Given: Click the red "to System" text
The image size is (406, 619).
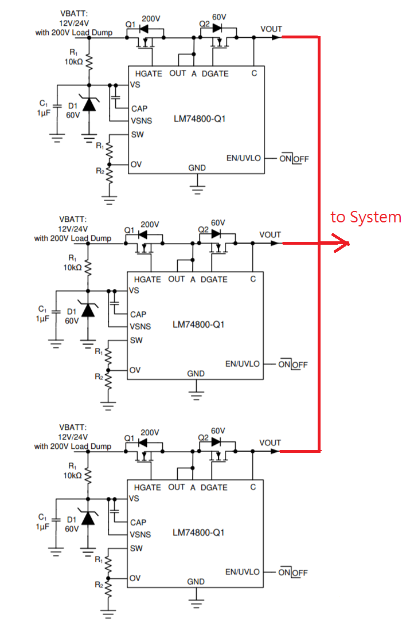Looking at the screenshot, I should (x=366, y=217).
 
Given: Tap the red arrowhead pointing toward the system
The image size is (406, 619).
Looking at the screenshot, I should (x=343, y=244).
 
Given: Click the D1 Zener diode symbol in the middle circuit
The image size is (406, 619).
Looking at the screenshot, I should (x=88, y=311).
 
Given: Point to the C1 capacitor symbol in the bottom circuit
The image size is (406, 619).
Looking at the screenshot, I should (x=56, y=519).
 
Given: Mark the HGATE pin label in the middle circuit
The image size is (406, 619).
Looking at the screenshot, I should (x=147, y=279).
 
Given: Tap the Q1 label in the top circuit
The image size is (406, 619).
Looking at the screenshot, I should (x=130, y=24).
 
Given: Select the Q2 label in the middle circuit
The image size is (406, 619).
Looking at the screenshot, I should (x=203, y=229).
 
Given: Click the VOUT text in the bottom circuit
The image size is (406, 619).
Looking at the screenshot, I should (x=270, y=442).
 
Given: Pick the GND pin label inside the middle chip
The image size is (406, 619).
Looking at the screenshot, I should (x=196, y=374).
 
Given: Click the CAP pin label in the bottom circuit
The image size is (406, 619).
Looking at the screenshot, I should (x=138, y=522).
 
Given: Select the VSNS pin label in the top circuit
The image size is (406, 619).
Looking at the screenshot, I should (x=140, y=121).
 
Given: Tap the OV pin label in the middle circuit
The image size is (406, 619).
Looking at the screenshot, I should (x=135, y=370).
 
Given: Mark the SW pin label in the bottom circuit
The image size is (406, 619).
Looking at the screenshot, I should (x=136, y=549).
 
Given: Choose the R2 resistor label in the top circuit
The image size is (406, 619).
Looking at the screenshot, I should (x=100, y=171).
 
